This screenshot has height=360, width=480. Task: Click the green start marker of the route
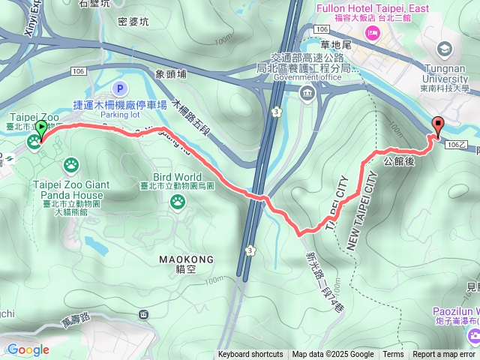coord(40,129)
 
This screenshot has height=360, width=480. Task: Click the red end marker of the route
coord(437,126)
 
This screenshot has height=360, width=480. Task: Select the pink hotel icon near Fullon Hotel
coord(370,33)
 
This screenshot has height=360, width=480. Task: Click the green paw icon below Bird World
coord(178,200)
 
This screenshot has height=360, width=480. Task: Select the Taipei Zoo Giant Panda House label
coord(72,190)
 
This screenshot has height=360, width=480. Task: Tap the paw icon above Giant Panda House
coord(72,163)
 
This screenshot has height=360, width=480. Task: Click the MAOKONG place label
coord(187,259)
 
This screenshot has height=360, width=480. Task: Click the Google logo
coord(28,349)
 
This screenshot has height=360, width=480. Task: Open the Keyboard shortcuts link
coord(250,355)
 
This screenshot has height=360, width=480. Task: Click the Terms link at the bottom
coord(393,355)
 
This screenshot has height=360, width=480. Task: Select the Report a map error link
coord(444,355)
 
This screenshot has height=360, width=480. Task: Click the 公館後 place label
coord(399,160)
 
